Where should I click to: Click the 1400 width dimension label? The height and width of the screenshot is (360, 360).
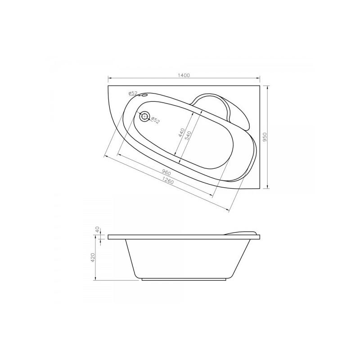[x=184, y=75]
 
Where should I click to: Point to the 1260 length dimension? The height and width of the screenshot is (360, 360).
[x=168, y=182]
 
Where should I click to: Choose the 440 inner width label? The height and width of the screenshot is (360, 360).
[x=181, y=133]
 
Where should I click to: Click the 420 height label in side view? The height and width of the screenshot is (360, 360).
[x=93, y=258]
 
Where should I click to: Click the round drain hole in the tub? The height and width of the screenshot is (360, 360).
[x=144, y=117]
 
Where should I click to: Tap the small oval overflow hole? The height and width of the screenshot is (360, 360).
[x=145, y=95]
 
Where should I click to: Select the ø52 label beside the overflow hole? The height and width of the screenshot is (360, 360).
[x=133, y=93]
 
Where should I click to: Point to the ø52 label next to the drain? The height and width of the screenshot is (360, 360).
[x=155, y=120]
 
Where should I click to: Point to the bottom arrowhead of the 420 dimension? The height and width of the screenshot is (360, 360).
[x=97, y=279]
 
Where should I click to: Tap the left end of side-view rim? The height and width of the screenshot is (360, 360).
[x=108, y=237]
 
